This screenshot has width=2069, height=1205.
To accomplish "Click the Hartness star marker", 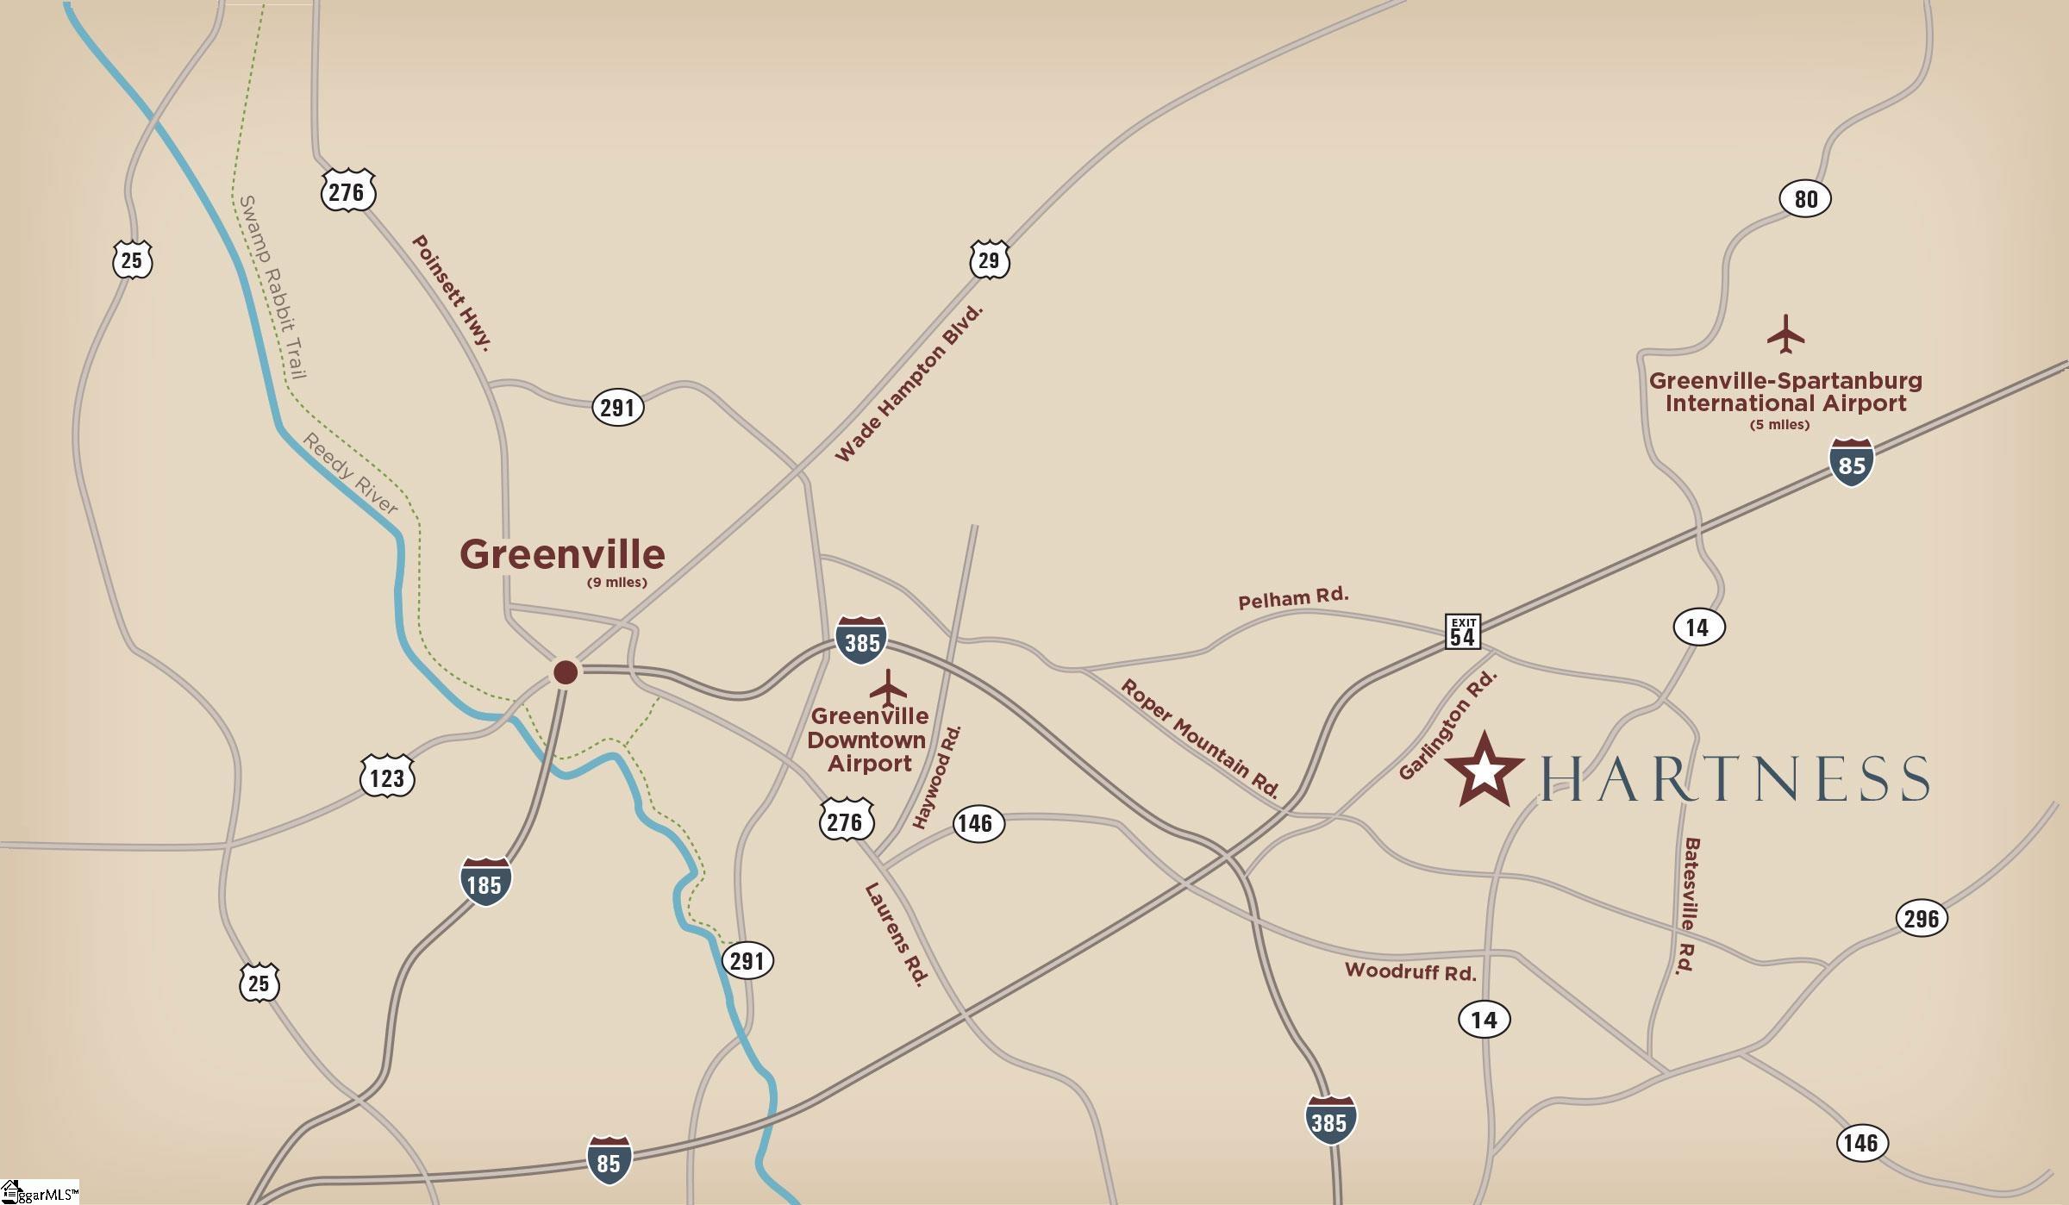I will coord(1484,770).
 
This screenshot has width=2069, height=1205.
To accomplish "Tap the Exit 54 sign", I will coord(1462,631).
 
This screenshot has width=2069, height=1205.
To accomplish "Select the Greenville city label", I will coord(562,554).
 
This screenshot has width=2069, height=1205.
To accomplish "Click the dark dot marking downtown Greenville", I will coord(566,672).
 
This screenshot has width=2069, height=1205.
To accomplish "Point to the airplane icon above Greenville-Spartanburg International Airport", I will coord(1785,334).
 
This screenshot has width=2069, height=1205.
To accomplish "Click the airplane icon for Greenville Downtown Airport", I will coord(888,688).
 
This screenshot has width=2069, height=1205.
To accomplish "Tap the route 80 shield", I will coord(1805,199).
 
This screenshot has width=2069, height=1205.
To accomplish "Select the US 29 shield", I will coord(989,260).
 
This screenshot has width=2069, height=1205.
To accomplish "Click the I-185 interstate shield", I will coord(484,883).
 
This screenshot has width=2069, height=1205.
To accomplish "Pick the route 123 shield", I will coord(387,777).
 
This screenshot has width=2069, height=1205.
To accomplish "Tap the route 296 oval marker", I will coord(1922,918).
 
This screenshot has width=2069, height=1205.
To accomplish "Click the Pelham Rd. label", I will coord(1293,598).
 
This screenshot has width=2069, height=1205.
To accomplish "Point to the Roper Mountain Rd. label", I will coord(1199,738).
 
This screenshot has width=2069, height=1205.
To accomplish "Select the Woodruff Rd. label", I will coord(1410,971).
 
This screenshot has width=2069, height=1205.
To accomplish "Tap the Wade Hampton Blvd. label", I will coord(909,384).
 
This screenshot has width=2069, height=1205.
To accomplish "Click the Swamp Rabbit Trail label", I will coord(272,286).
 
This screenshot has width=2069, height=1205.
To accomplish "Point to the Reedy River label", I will coord(350,474).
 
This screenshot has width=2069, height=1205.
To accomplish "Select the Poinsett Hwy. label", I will coord(452,293).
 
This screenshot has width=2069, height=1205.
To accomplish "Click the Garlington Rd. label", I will coord(1447,726).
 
